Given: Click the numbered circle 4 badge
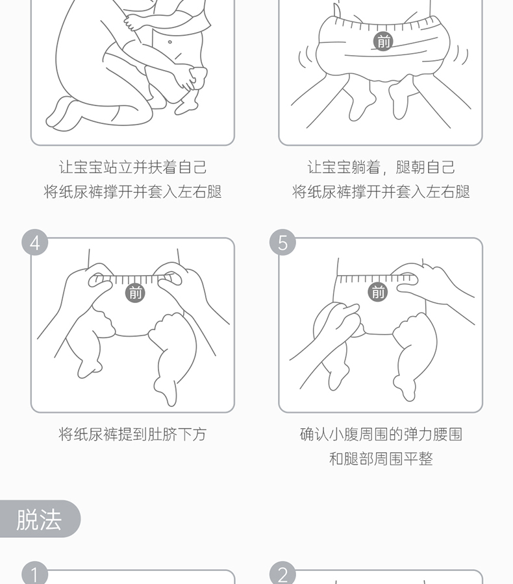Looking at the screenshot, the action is (x=34, y=243).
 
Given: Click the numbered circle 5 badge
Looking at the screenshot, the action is (x=282, y=243).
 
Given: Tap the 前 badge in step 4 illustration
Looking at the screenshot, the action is (x=135, y=293).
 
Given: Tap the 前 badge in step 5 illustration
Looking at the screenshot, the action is (x=378, y=291).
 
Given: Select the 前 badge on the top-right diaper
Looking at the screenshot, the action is (x=383, y=41).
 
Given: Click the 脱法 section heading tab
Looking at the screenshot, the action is (x=39, y=519).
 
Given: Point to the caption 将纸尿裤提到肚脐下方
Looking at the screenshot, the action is (x=132, y=434).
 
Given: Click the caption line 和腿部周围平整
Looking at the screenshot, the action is (x=381, y=459).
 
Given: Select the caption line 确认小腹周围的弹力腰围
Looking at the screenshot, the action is (x=381, y=434).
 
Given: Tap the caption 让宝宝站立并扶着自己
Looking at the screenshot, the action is (x=132, y=167).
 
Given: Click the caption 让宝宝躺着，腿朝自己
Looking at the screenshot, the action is (x=381, y=167).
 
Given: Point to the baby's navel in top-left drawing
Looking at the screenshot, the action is (x=170, y=42).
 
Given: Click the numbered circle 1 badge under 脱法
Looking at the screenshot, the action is (x=34, y=573).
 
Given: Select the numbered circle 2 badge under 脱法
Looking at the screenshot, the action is (x=282, y=573).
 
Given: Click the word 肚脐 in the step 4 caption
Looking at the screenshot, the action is (x=162, y=434).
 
